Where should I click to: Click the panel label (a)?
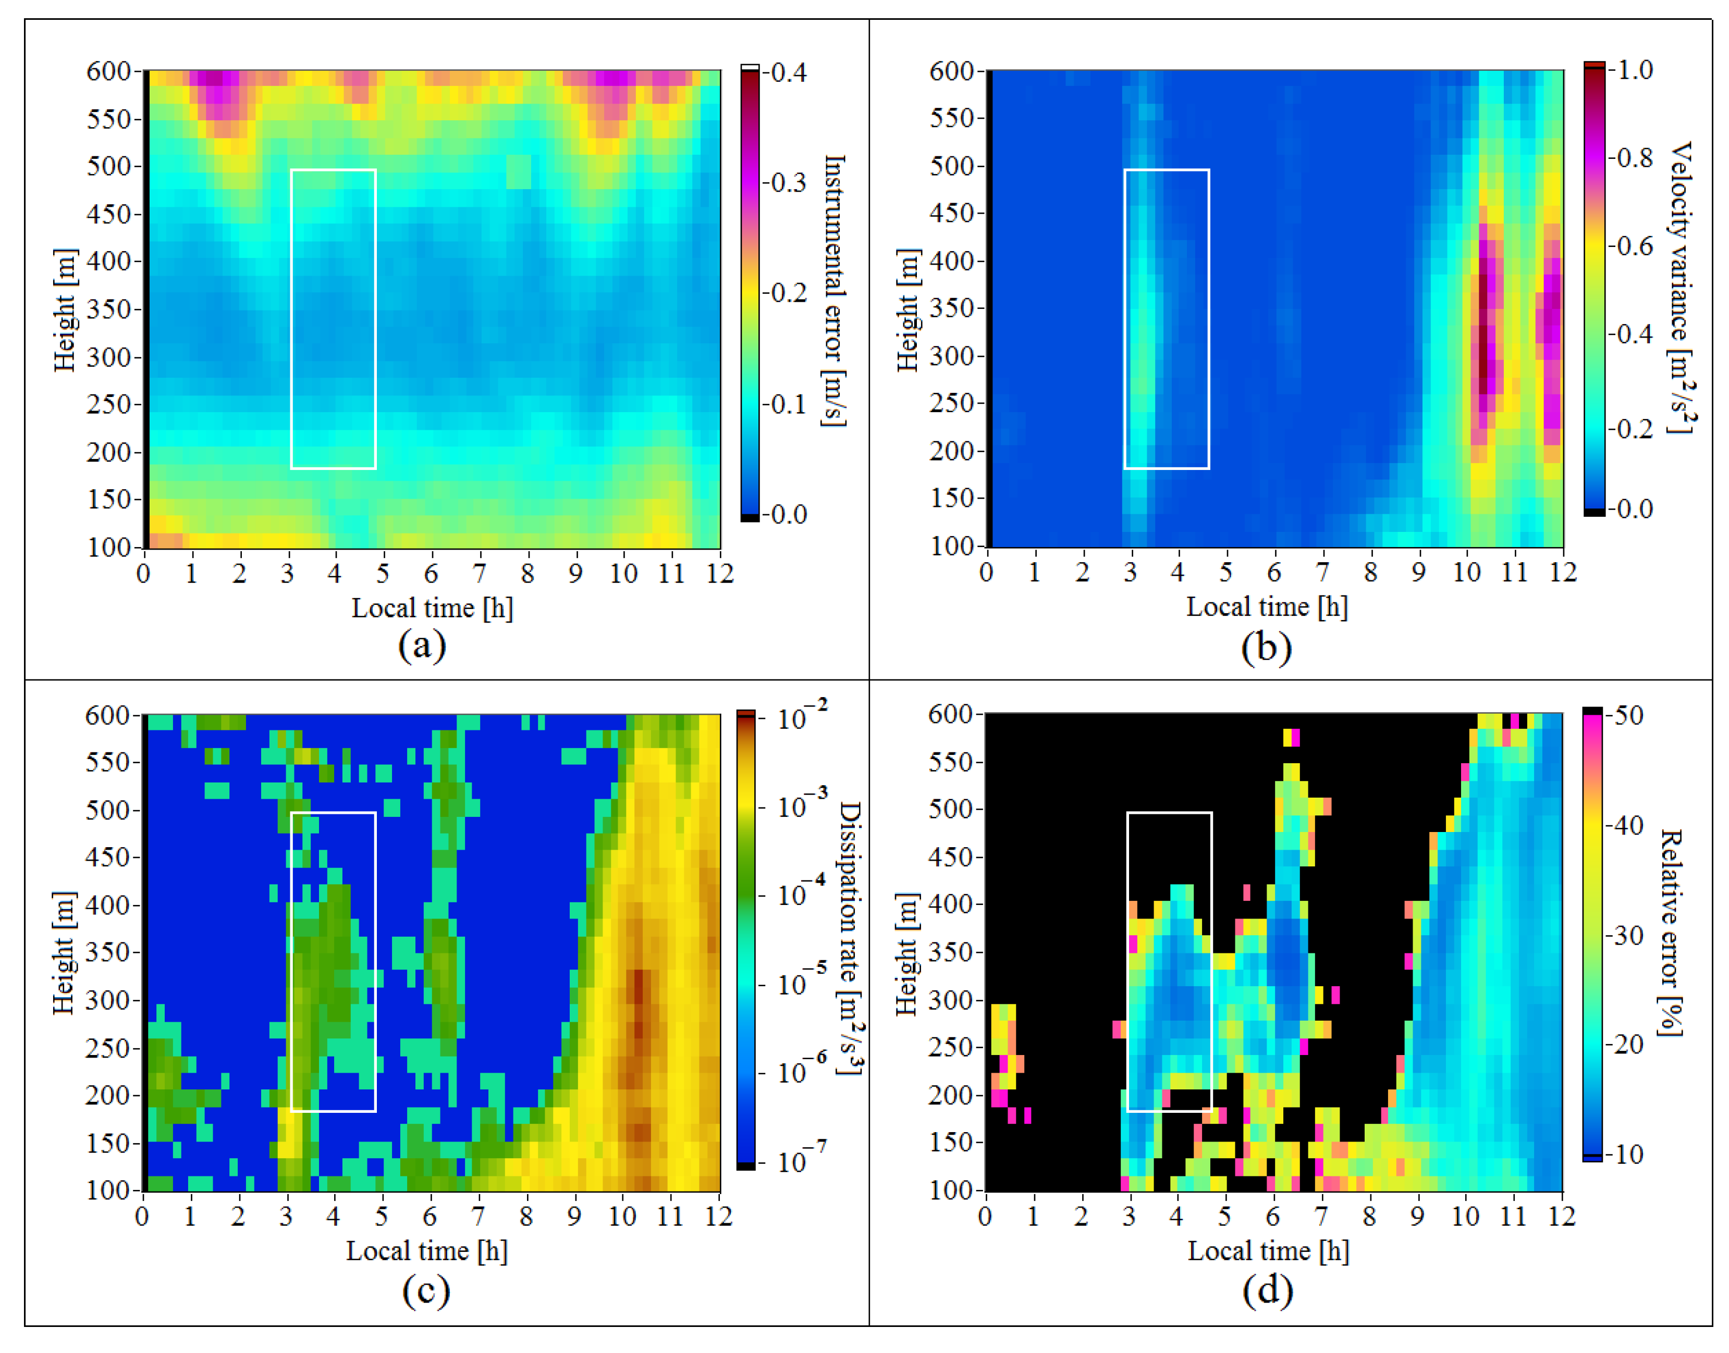pyautogui.click(x=422, y=646)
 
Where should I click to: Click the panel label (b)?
pyautogui.click(x=1266, y=647)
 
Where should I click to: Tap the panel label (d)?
pyautogui.click(x=1267, y=1290)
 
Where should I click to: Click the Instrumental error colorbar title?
pyautogui.click(x=835, y=291)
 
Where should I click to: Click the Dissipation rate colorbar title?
pyautogui.click(x=850, y=938)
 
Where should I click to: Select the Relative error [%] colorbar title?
pyautogui.click(x=1671, y=933)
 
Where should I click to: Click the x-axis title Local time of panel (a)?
pyautogui.click(x=432, y=609)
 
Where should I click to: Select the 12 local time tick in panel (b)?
pyautogui.click(x=1563, y=572)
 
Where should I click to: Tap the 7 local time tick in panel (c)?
pyautogui.click(x=478, y=1216)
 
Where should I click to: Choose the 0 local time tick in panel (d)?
pyautogui.click(x=985, y=1216)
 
